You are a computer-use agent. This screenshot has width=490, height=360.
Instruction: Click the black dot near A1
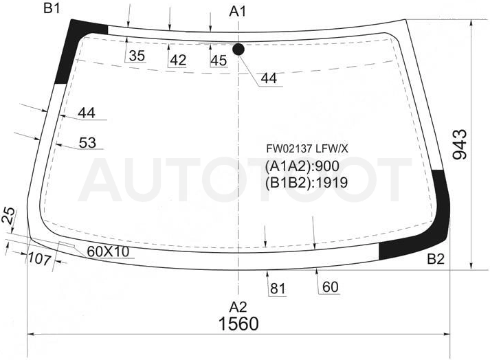pos(238,49)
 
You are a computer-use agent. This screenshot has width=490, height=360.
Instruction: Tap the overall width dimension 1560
pos(238,324)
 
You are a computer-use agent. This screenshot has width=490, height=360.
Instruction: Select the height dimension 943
pos(460,144)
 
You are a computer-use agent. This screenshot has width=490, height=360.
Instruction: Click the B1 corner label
pos(52,8)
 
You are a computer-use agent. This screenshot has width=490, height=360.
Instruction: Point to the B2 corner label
pos(436,259)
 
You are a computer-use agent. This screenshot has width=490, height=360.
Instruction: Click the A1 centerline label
pos(238,12)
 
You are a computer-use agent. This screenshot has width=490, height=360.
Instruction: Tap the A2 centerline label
pos(238,307)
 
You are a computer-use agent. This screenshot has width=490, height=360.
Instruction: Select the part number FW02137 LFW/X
pos(307,149)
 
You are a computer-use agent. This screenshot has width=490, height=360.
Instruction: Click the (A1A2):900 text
pos(302,166)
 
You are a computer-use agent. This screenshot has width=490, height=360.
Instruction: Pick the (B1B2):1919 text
pos(307,183)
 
